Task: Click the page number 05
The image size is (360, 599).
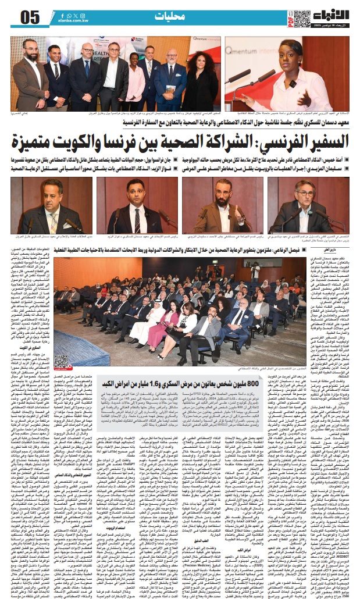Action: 29,17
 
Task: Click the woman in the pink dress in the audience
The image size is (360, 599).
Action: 170,326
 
